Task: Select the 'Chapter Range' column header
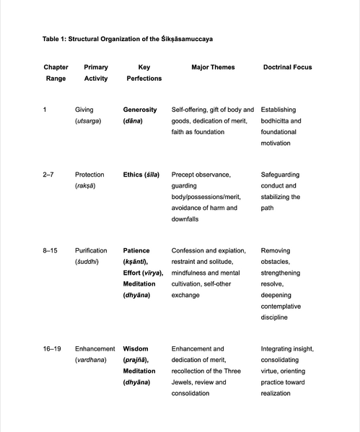coord(56,73)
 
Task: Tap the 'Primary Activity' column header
coord(96,73)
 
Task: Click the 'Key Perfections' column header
coord(144,73)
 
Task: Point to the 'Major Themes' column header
coord(213,67)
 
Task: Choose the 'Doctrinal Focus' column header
coord(287,67)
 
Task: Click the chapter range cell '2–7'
coord(48,175)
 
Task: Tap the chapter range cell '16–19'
coord(52,348)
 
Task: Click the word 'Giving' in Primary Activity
coord(84,110)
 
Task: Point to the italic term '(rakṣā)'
coord(86,186)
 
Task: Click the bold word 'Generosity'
coord(140,110)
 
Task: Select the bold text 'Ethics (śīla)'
coord(141,175)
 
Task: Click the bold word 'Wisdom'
coord(136,348)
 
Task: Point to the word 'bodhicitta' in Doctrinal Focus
coord(276,121)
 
